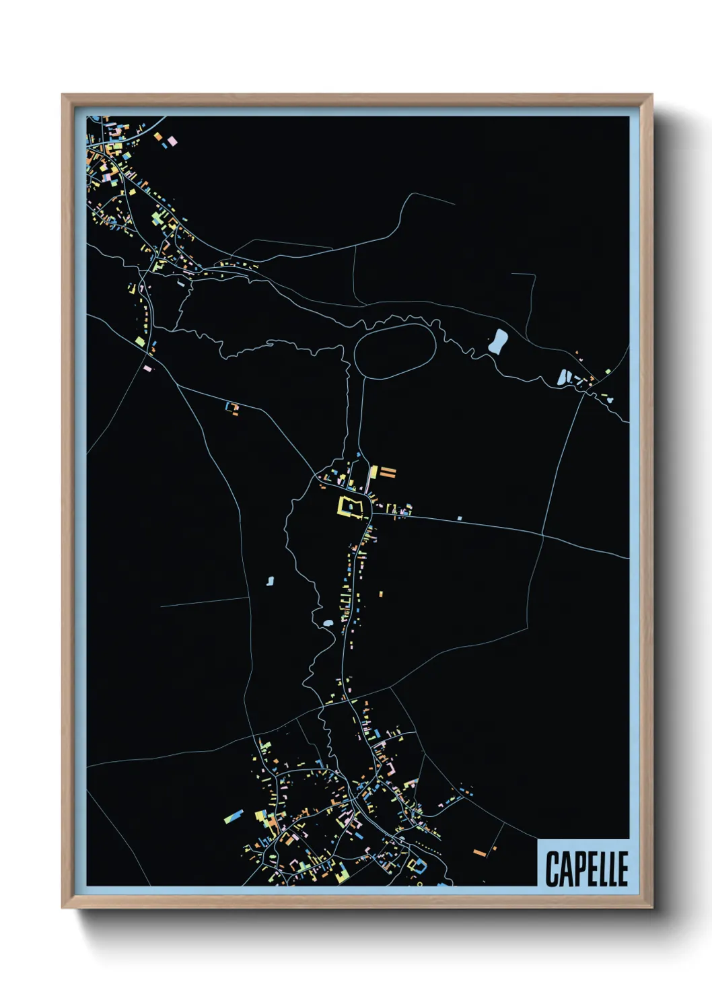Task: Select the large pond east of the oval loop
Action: [x=498, y=341]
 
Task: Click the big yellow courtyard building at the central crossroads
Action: [x=350, y=506]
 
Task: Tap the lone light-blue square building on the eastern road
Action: [x=460, y=518]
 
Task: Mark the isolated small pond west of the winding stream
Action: [x=271, y=580]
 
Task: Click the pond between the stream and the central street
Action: [x=328, y=624]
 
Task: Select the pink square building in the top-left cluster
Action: [x=172, y=141]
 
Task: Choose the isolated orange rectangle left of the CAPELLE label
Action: [x=480, y=853]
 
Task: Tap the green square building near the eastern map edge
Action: [x=608, y=371]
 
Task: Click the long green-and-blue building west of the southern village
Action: [x=234, y=816]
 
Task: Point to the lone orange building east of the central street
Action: [x=381, y=594]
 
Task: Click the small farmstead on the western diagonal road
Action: [x=233, y=407]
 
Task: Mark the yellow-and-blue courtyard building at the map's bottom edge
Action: [x=418, y=865]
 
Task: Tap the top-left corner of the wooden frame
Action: [x=63, y=95]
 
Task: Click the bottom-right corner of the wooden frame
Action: [x=651, y=908]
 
